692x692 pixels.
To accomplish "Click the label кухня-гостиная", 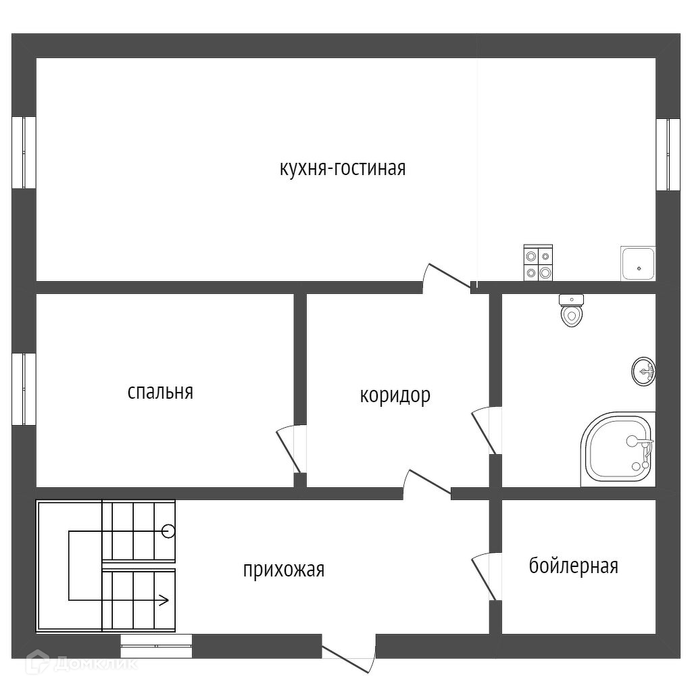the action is coord(343,168).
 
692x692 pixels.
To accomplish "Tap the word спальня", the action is coord(160,391).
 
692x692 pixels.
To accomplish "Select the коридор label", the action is coord(395,395).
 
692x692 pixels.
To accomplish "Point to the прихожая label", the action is coord(284,570).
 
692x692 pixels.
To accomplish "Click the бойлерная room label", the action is coord(573,566).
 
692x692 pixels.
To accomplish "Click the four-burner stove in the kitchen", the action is coord(538,263).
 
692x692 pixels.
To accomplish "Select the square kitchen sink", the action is coord(638,264).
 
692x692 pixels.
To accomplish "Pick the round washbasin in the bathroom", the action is coord(643,371).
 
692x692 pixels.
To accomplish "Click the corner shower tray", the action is coord(618,449).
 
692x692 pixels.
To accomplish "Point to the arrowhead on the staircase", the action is coord(163,598).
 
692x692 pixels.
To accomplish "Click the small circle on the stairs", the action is coord(168,531).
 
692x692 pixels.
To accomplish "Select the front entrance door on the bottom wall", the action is coord(349,656).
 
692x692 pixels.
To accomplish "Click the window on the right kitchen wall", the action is coord(668,155).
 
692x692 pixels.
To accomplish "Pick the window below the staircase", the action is coord(156,646).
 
